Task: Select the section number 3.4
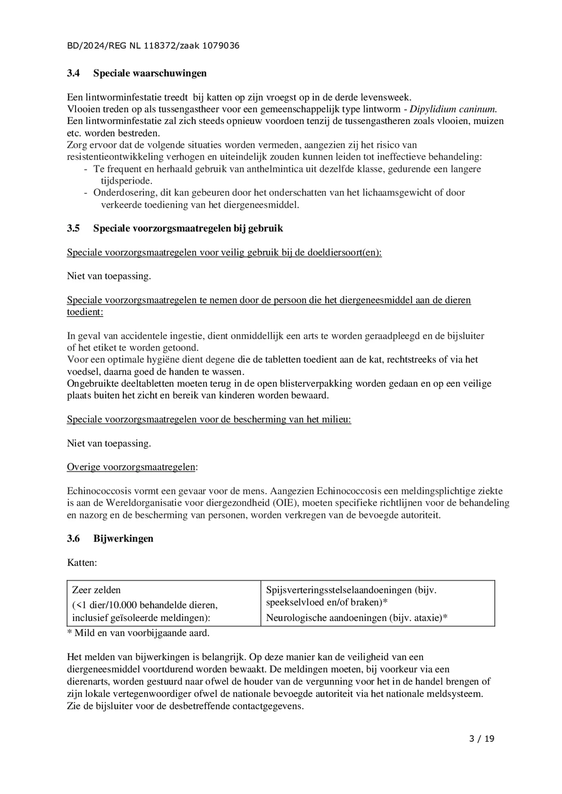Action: tap(73, 73)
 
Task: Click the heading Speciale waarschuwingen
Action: tap(150, 73)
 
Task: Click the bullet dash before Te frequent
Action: tap(85, 169)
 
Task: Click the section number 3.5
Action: tap(73, 228)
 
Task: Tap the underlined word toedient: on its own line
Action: tap(85, 312)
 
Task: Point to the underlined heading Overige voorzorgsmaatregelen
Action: tap(131, 467)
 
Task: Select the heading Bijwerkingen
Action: tap(123, 538)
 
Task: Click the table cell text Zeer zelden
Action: tap(96, 590)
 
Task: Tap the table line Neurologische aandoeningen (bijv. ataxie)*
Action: tap(356, 618)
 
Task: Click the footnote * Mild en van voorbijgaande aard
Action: tap(138, 633)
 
